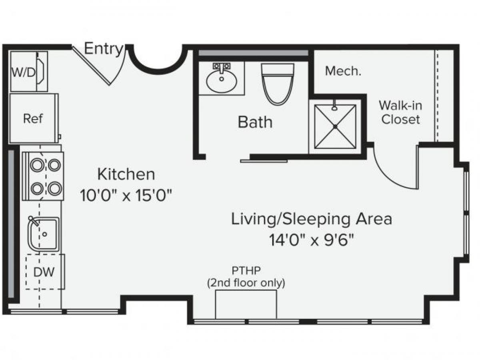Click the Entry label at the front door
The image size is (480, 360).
[x=104, y=49]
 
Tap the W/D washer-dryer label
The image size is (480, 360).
[x=23, y=72]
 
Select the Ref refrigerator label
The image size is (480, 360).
[x=33, y=119]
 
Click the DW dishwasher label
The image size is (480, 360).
[x=44, y=272]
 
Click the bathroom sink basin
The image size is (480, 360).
[x=222, y=82]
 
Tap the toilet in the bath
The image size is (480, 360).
[x=278, y=84]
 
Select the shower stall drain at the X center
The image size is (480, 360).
[x=335, y=126]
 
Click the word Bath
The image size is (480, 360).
[x=255, y=122]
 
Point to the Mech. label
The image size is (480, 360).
[x=343, y=71]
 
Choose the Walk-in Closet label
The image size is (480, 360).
[x=400, y=112]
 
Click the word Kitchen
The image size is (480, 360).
[x=126, y=174]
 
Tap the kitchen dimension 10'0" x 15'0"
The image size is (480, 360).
[x=126, y=196]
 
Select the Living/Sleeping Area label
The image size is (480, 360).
[x=311, y=219]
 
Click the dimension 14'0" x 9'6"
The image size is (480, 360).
[x=311, y=240]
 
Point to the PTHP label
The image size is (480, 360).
[x=246, y=271]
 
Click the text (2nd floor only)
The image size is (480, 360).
[x=246, y=283]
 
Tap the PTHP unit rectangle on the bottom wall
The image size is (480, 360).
[x=246, y=304]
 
